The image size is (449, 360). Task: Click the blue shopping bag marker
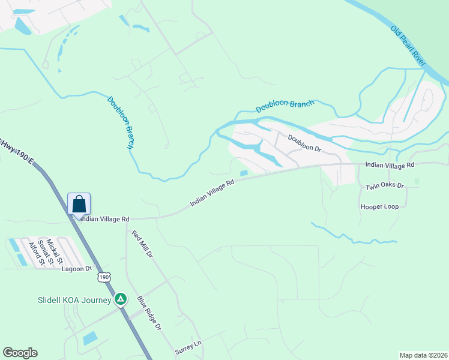coord(79,204)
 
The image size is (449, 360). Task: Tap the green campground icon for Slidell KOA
coord(121,299)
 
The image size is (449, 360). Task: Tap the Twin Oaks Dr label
coord(385,187)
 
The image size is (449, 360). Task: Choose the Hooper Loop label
coord(379,206)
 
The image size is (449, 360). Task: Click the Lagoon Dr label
coord(76,269)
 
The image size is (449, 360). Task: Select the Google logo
coord(20,353)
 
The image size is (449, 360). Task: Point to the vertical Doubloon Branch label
coord(120,122)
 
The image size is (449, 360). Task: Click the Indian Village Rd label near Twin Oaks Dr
coord(390,165)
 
